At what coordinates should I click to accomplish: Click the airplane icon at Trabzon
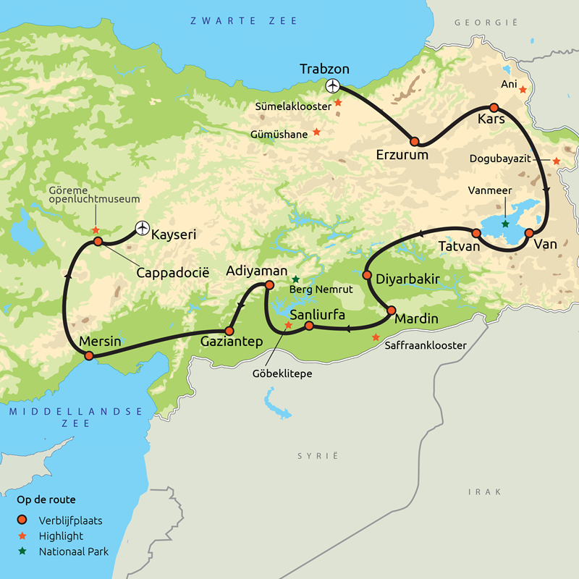point(333,86)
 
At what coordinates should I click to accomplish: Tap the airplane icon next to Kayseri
point(142,229)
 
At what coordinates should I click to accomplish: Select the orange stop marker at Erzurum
point(415,142)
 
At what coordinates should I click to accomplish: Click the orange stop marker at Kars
point(494,108)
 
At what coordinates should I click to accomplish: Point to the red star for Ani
point(522,90)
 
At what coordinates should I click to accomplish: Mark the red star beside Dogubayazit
point(556,161)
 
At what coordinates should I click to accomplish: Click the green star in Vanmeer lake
point(505,224)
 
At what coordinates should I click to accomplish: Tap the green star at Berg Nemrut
point(295,279)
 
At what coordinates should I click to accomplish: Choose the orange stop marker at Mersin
point(89,355)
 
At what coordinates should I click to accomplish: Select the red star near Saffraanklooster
point(375,337)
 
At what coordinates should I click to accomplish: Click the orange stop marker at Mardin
point(392,310)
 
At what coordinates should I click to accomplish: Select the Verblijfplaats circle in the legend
point(23,520)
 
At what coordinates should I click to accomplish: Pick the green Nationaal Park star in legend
point(23,551)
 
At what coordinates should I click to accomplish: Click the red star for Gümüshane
point(316,132)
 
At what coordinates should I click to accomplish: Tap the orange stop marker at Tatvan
point(476,233)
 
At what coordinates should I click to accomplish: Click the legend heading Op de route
point(46,499)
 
